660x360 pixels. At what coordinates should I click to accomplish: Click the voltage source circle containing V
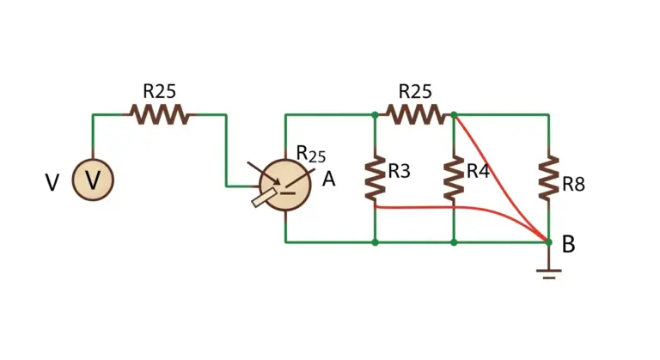click(93, 180)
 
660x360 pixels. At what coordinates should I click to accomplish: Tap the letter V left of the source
click(52, 183)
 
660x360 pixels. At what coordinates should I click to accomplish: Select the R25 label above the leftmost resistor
click(160, 91)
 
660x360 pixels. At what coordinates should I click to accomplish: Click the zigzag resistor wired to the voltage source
click(159, 114)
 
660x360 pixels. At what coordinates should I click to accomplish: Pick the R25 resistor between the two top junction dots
click(414, 114)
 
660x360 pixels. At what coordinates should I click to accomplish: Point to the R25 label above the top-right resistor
click(415, 91)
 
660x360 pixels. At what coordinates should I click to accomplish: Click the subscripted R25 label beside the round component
click(311, 154)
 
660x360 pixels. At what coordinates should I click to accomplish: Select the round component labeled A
click(285, 185)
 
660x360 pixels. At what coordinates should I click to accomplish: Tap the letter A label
click(329, 180)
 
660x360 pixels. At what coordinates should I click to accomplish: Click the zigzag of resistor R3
click(375, 178)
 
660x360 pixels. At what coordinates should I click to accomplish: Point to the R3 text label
click(399, 171)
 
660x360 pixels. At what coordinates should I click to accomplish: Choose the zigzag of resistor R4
click(454, 178)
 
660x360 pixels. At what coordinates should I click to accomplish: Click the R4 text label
click(478, 171)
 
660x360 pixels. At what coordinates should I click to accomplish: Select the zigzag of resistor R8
click(548, 178)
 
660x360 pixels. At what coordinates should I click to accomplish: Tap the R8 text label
click(574, 185)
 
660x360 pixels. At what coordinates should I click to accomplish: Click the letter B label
click(569, 244)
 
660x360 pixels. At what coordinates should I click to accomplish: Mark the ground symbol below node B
click(548, 274)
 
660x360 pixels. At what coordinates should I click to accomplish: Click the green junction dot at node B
click(548, 242)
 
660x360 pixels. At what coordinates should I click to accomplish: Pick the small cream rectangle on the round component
click(265, 198)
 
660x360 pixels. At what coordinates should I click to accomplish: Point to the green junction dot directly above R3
click(375, 114)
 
